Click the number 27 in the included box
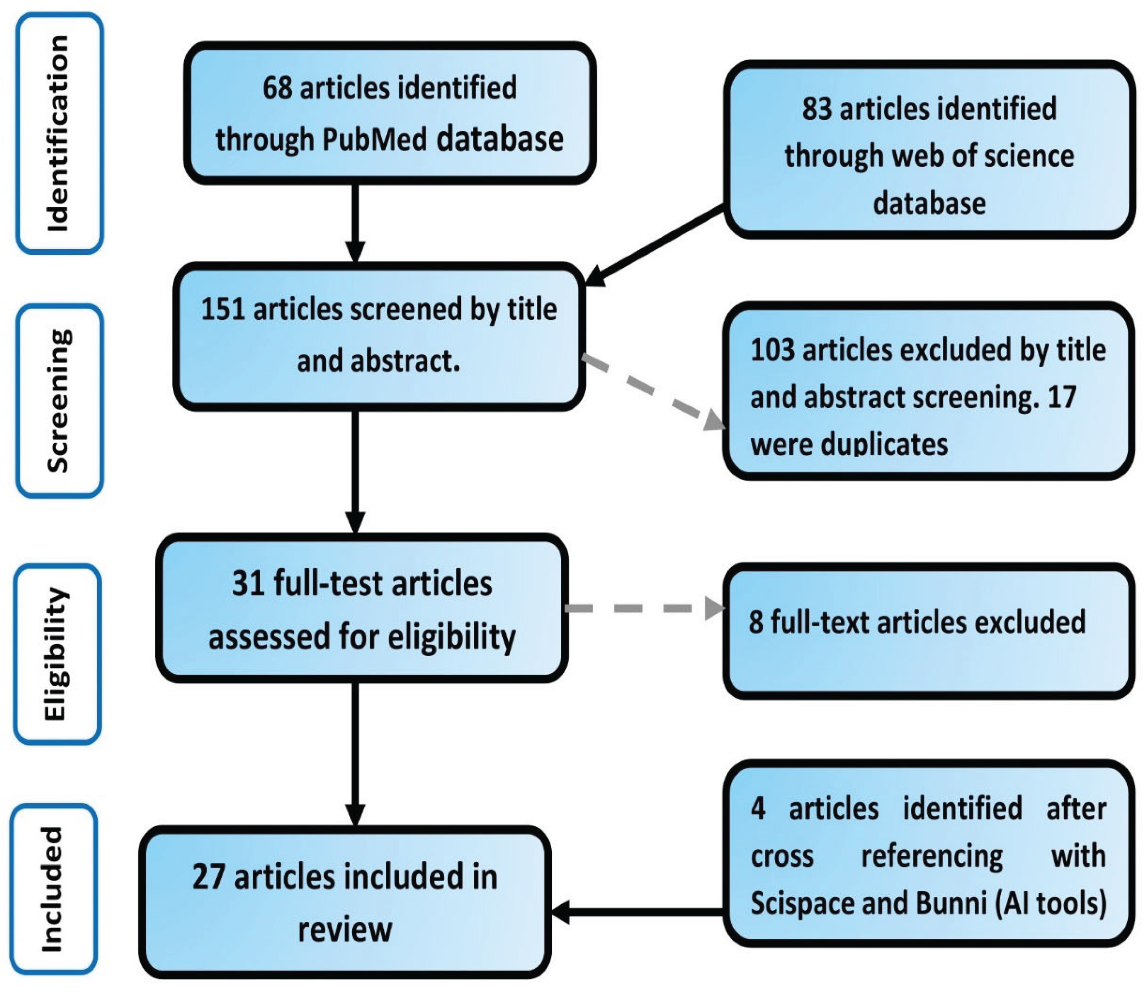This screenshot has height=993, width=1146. click(x=209, y=877)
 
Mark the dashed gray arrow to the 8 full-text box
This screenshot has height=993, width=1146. click(x=643, y=608)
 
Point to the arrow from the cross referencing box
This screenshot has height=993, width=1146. click(x=637, y=912)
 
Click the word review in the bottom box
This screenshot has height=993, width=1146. click(x=345, y=929)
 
